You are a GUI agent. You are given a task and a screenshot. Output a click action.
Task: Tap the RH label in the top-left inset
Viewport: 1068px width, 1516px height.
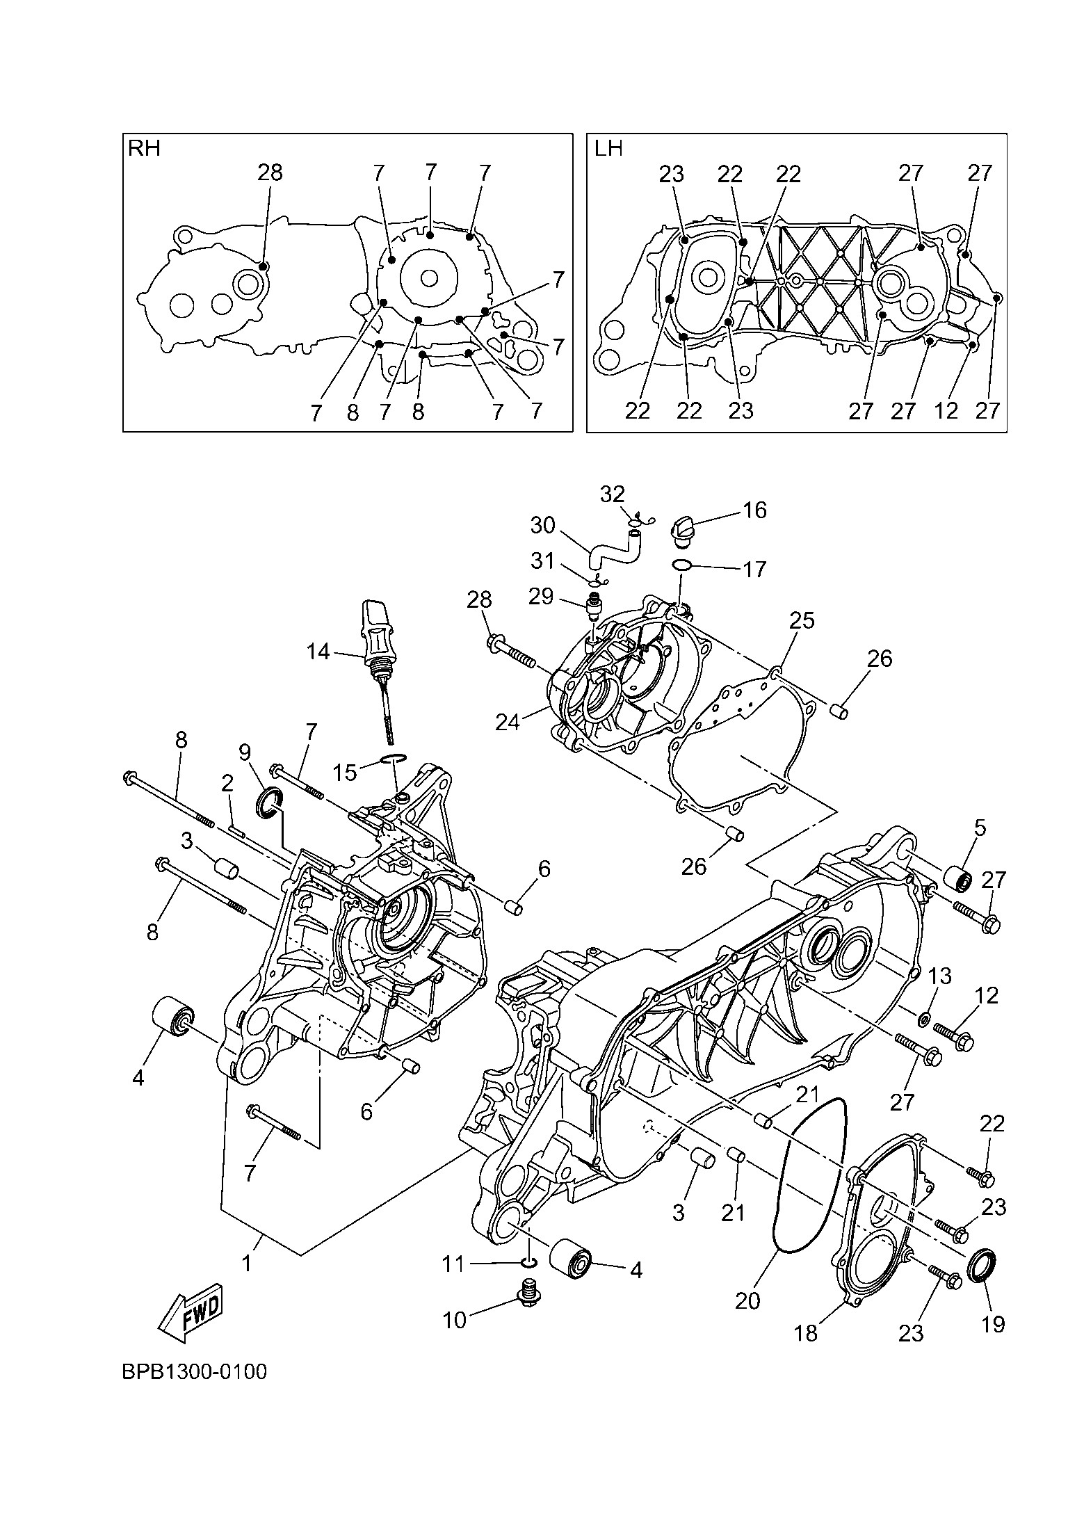click(x=144, y=149)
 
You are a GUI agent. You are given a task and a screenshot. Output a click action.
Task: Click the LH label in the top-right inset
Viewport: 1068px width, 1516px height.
click(x=608, y=149)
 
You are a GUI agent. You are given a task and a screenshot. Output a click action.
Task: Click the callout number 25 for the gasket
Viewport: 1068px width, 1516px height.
click(x=802, y=620)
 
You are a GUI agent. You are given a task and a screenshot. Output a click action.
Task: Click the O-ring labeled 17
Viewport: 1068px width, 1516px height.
click(x=682, y=565)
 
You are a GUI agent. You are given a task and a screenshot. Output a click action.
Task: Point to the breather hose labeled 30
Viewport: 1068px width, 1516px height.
click(x=612, y=545)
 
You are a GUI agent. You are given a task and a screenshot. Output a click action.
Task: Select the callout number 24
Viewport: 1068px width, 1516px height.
click(x=508, y=723)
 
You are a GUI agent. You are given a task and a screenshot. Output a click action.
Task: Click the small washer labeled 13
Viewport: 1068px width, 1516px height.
click(x=924, y=1019)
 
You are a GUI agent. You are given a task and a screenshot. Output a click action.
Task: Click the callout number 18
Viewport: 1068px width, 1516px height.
click(x=807, y=1332)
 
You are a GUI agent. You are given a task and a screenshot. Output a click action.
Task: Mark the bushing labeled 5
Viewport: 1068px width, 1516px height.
click(x=958, y=878)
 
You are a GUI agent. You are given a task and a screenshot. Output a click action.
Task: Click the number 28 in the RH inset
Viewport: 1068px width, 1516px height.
click(x=270, y=172)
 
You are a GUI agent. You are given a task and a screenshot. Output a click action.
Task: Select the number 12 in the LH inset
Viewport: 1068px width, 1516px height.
click(x=946, y=410)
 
